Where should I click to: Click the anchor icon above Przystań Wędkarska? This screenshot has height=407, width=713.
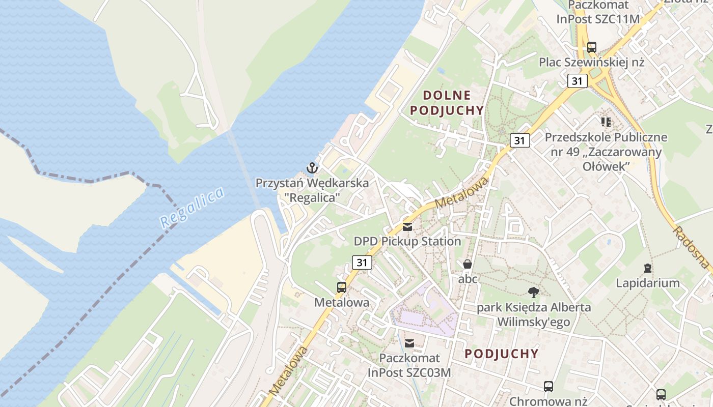click(312, 167)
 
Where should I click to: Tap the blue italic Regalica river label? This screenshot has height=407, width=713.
click(191, 208)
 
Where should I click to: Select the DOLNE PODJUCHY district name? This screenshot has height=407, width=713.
click(447, 103)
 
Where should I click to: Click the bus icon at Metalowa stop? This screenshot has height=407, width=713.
click(342, 287)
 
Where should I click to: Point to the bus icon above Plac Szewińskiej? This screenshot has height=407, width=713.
click(591, 47)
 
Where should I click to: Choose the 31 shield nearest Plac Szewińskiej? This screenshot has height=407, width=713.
click(577, 81)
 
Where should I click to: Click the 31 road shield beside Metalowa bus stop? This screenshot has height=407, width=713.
click(362, 263)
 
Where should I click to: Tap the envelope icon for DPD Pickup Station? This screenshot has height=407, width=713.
click(407, 227)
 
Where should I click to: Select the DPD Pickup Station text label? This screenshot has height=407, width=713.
click(407, 241)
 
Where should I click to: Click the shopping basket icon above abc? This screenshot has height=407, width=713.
click(468, 264)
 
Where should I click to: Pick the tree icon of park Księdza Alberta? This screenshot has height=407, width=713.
click(533, 292)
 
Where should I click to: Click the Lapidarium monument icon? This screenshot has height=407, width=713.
click(648, 268)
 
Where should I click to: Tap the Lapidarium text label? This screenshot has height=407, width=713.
click(648, 283)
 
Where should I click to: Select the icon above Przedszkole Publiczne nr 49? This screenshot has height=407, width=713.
click(606, 122)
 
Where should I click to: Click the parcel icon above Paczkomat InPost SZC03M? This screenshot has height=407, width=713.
click(409, 343)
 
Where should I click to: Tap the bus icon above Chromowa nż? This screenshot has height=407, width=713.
click(548, 387)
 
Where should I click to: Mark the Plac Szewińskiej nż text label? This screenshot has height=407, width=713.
click(592, 63)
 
